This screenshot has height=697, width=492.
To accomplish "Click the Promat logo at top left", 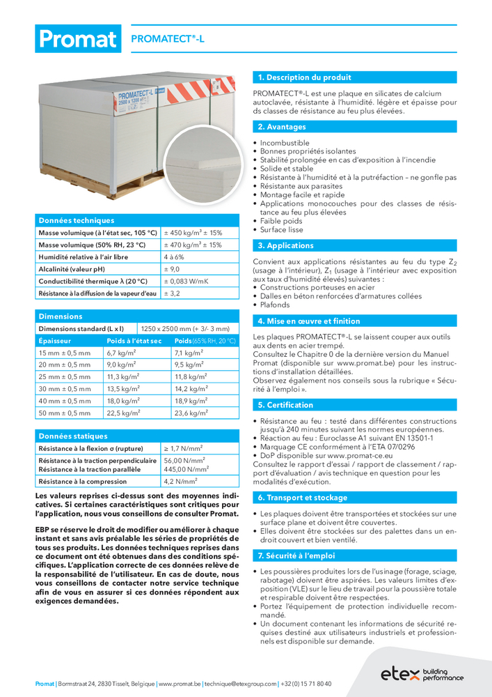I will pyautogui.click(x=77, y=39).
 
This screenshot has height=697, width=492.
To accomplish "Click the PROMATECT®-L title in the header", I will pyautogui.click(x=168, y=40).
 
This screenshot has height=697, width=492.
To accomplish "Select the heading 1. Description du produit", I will pyautogui.click(x=305, y=77).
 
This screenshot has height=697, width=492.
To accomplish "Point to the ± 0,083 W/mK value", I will pyautogui.click(x=186, y=281).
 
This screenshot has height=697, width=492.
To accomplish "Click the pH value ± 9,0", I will pyautogui.click(x=171, y=269).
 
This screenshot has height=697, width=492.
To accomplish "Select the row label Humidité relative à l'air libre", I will pyautogui.click(x=83, y=256).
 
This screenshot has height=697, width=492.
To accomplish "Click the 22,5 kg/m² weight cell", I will pyautogui.click(x=121, y=413).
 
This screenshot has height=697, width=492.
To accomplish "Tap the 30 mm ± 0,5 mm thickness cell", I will pyautogui.click(x=64, y=389).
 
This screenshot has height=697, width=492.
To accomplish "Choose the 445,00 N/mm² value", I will pyautogui.click(x=183, y=469).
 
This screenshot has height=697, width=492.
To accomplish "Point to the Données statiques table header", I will pyautogui.click(x=73, y=436).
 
